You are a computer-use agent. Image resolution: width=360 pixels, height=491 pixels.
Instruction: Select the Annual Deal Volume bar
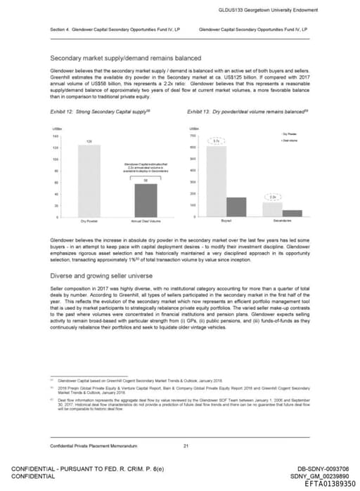[x=146, y=199]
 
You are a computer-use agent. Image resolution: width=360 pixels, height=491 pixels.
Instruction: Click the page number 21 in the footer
[x=186, y=446]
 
